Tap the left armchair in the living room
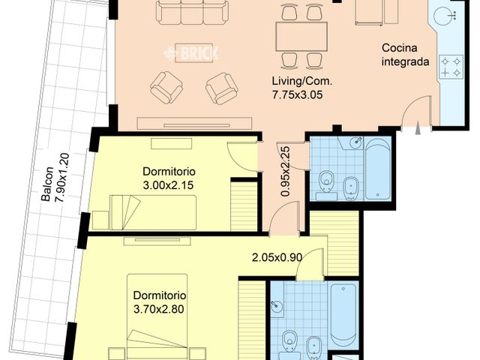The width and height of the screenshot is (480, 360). point(166,87)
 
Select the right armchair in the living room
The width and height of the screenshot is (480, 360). point(222,88)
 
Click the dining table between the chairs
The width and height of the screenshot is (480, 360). point(301,35)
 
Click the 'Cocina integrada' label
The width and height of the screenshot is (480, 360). point(405,55)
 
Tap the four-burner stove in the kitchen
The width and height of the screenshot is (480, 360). point(452,65)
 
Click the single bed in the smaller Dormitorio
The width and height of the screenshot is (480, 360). point(154,209)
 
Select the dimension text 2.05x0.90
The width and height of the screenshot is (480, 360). point(277,257)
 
